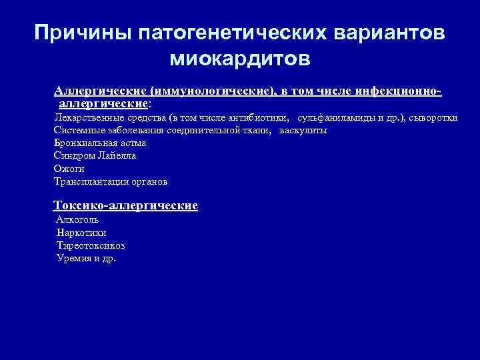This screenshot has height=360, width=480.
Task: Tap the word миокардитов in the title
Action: pos(240,60)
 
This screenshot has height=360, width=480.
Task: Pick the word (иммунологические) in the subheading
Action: pos(212,91)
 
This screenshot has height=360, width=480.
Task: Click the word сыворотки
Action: pos(433,117)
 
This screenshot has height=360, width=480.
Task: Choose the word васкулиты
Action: pos(303,130)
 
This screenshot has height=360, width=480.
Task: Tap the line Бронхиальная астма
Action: pos(100,143)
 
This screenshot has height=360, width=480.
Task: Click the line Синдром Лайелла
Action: pos(95,155)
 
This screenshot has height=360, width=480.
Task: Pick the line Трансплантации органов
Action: pos(111,181)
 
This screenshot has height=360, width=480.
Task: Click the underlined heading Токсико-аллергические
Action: pos(125,205)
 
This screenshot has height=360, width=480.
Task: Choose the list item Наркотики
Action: pos(81,233)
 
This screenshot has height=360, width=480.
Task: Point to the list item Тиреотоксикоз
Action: pos(91,245)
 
